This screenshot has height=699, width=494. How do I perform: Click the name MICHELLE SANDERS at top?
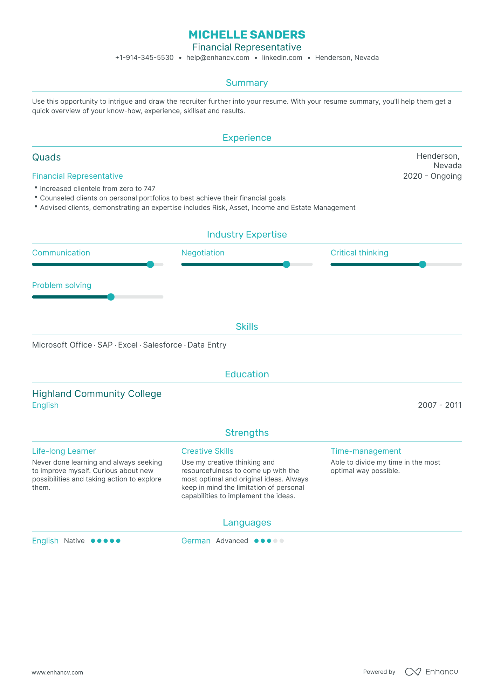pos(247,35)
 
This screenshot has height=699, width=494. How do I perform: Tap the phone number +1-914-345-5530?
pos(144,58)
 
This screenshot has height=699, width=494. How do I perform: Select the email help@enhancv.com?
pos(218,58)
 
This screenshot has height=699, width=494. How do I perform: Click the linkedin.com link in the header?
pos(282,58)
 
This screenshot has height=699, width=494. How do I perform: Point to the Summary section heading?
pos(247,83)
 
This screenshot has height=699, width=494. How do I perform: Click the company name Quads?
pos(47,157)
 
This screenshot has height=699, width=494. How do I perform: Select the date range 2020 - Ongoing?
pos(432,176)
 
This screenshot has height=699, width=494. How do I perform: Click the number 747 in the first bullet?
pos(150,189)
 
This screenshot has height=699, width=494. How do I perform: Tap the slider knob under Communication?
pos(150,265)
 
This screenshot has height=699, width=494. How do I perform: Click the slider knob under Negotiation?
pos(286,265)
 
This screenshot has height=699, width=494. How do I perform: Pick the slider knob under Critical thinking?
pos(423,265)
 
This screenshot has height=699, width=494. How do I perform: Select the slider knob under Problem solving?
pos(111,297)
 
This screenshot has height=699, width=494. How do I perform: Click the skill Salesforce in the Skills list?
pos(162,345)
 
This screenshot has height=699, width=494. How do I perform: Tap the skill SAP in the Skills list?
pos(105,345)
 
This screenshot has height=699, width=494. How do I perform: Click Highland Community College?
pos(97,394)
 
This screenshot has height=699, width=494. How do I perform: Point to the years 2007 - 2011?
pos(439,405)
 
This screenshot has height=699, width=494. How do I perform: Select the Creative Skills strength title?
pos(207,451)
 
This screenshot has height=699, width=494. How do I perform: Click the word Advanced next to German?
pos(232,541)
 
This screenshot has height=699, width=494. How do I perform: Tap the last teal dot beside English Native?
pos(118,541)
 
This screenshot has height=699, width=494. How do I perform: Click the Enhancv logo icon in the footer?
pos(413,672)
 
